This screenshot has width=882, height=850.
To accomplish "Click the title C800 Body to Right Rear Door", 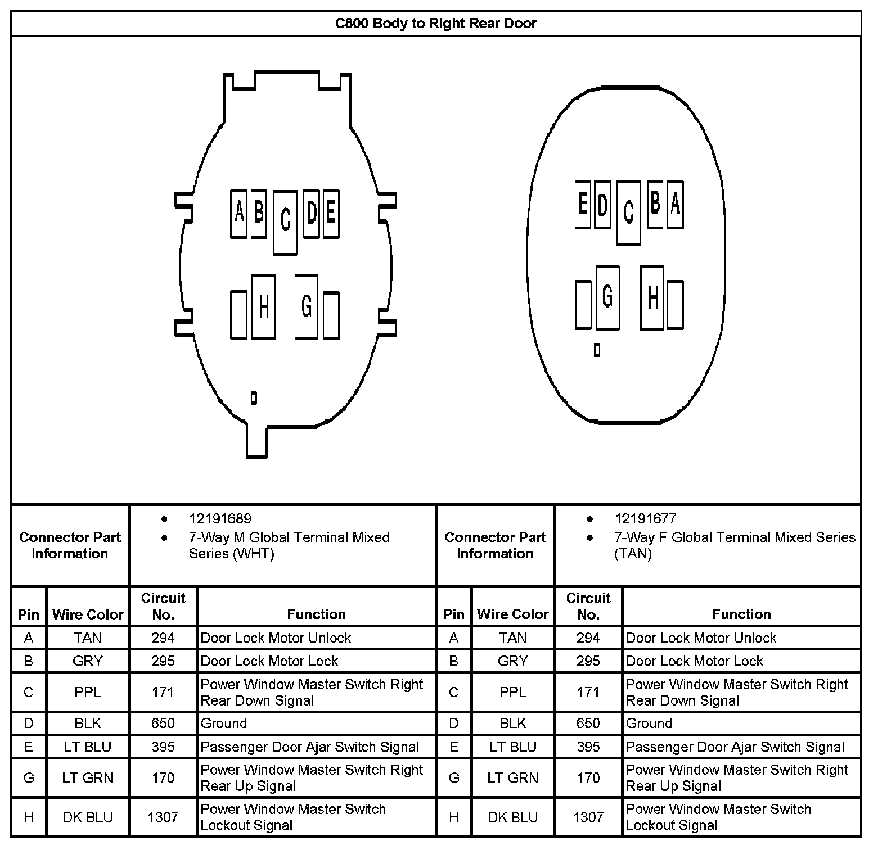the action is click(x=436, y=24).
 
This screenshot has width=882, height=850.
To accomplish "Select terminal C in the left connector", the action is click(x=285, y=223).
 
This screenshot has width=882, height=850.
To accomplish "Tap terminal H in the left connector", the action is click(x=263, y=307).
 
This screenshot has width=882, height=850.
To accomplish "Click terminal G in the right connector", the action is click(x=607, y=297).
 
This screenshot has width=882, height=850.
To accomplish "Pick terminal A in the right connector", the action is click(x=676, y=205).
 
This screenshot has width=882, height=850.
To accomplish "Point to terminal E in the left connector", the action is click(x=331, y=214).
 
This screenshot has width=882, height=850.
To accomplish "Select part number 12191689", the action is click(x=220, y=519).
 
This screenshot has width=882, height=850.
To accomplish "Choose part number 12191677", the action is click(x=645, y=519).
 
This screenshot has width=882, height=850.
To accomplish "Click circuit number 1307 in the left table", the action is click(x=163, y=817).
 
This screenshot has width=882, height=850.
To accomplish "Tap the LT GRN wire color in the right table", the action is click(x=513, y=778).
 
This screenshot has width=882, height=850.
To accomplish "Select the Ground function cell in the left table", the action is click(x=224, y=724).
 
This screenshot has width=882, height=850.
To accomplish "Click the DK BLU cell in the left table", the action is click(x=88, y=817).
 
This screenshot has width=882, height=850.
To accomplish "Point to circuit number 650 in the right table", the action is click(x=588, y=724).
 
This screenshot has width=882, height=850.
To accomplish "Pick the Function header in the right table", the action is click(x=741, y=614).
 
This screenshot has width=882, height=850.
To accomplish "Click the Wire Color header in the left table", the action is click(x=88, y=614).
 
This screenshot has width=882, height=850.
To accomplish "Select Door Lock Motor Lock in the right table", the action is click(x=695, y=661).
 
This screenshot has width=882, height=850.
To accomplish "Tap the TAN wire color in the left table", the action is click(x=88, y=638).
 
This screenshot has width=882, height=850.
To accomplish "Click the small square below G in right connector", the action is click(x=597, y=350).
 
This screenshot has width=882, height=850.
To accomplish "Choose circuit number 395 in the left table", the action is click(x=163, y=747).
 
